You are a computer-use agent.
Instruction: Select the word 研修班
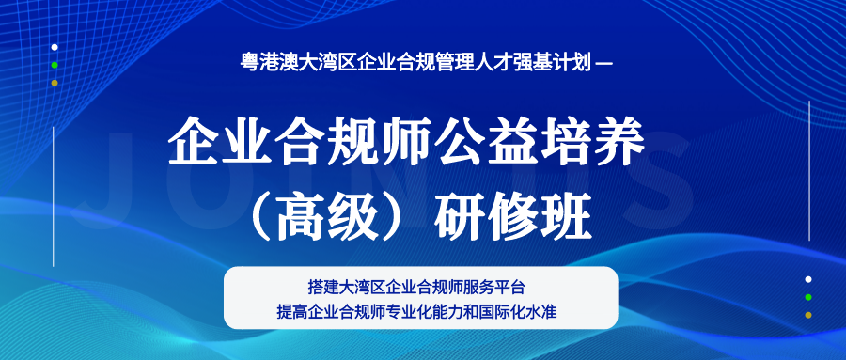point(513,219)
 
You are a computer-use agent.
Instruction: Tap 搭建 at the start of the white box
point(323,287)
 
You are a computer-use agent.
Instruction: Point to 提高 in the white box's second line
point(292,311)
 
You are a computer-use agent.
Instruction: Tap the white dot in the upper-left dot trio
point(55,48)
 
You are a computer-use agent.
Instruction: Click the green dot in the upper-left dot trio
point(55,65)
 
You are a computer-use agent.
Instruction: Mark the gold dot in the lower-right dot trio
point(808,315)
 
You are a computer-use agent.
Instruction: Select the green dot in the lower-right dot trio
point(808,297)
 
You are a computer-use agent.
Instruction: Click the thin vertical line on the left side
point(54,197)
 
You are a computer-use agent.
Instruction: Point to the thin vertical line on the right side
point(810,170)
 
